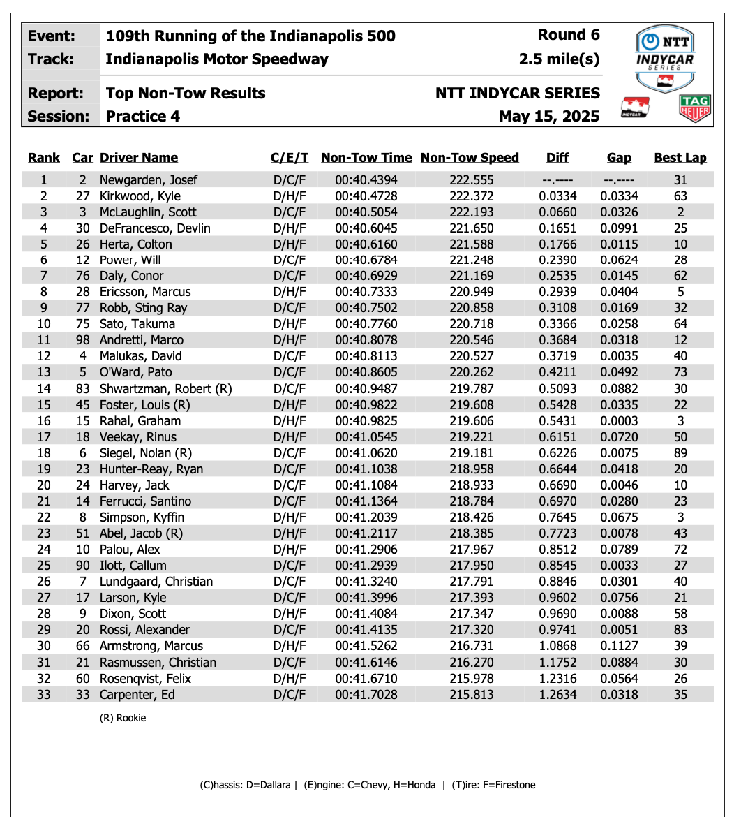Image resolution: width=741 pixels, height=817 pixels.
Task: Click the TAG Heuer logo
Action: [695, 109]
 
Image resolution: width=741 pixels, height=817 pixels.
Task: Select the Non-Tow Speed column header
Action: [470, 158]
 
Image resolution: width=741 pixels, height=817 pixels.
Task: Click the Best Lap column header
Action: [680, 158]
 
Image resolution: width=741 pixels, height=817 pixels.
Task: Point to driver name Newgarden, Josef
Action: [149, 180]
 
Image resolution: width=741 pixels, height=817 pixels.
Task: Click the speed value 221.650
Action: [472, 228]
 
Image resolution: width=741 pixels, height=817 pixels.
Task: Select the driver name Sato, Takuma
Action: [137, 324]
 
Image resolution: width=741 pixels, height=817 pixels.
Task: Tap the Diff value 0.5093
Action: [557, 389]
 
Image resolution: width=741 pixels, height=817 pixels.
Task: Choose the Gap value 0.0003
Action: [619, 421]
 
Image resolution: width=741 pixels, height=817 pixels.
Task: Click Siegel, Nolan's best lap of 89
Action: [680, 453]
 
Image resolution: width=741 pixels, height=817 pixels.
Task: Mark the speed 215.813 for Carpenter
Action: [472, 695]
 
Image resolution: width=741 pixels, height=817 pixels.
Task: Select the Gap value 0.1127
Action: [619, 647]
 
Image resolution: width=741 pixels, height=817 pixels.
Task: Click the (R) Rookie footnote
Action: [123, 718]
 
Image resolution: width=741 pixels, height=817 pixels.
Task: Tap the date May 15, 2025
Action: [549, 117]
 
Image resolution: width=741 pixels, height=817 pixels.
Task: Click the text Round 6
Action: [569, 36]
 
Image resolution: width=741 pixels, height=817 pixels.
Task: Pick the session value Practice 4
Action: [143, 117]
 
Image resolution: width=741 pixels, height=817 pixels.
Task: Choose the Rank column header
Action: [44, 158]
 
